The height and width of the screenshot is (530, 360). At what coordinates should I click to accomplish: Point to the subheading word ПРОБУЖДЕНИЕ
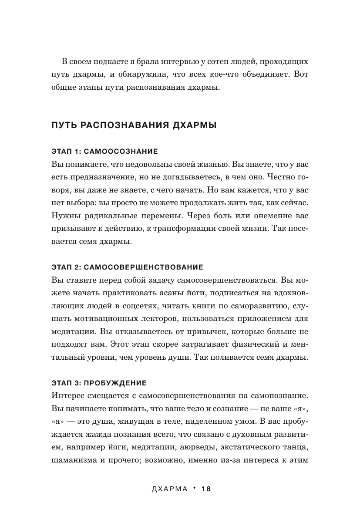click(x=114, y=383)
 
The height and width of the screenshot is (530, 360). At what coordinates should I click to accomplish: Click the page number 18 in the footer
click(x=206, y=489)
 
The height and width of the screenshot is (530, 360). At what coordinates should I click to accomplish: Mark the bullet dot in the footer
click(x=195, y=488)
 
